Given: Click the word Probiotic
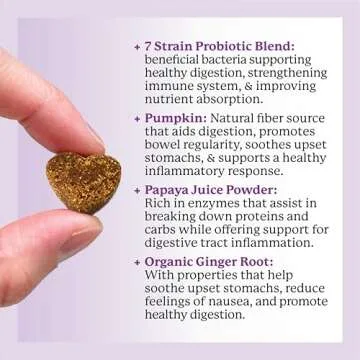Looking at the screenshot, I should (x=227, y=46).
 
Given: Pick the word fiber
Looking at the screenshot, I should (x=288, y=118).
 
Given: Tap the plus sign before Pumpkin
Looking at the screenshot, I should (x=136, y=118).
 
